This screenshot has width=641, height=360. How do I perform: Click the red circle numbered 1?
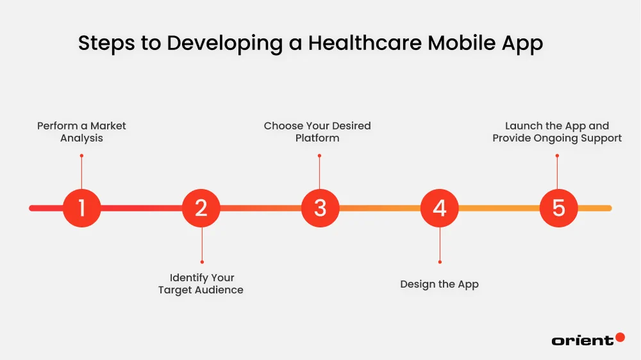pos(82,208)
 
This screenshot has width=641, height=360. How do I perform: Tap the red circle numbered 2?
pos(201,208)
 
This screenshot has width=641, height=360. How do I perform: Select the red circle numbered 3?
pos(320,208)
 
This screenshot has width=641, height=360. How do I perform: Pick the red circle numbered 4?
pos(440,208)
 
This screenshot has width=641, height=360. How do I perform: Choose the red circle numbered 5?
pos(558,208)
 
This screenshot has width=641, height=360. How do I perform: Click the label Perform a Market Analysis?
pos(81,132)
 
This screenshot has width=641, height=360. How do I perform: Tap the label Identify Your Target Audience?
pos(201,284)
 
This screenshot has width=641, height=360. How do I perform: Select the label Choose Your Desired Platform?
pos(317,132)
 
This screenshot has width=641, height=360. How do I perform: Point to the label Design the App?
pos(439,284)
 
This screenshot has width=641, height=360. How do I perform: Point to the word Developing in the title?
pos(225,44)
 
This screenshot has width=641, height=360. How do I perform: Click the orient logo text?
pos(582,340)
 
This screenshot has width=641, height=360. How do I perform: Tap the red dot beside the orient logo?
pos(620,337)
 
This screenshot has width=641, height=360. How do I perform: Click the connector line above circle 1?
pos(82,172)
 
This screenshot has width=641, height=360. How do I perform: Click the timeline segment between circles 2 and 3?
pos(261,208)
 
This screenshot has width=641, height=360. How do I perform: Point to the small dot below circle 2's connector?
pos(202,261)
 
